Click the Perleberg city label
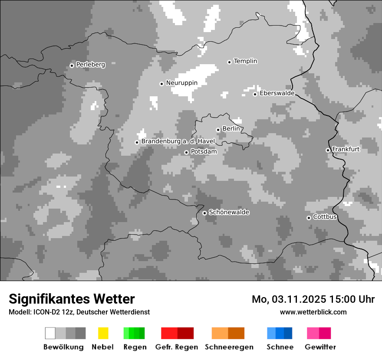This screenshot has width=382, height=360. (x=90, y=65)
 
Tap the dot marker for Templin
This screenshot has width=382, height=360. (x=229, y=62)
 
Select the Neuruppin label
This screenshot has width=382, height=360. (x=181, y=83)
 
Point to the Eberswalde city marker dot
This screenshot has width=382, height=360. (x=255, y=94)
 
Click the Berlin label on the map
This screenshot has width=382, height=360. (x=231, y=129)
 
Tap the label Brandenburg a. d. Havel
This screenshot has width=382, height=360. (x=178, y=141)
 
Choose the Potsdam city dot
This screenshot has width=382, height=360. (x=186, y=152)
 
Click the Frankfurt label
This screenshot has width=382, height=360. (x=346, y=149)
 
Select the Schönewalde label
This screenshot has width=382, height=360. (x=229, y=212)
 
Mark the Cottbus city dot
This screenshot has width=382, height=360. (x=309, y=218)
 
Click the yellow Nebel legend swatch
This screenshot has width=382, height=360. (x=103, y=333)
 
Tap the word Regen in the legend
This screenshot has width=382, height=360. (x=135, y=347)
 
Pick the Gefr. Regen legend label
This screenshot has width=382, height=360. (x=177, y=347)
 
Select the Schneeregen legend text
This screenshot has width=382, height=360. (x=229, y=347)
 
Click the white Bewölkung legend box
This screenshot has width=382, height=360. (x=50, y=333)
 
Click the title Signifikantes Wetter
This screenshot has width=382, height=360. (x=72, y=299)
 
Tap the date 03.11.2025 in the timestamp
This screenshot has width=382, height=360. (x=299, y=299)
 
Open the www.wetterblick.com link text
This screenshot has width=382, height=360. (x=313, y=312)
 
